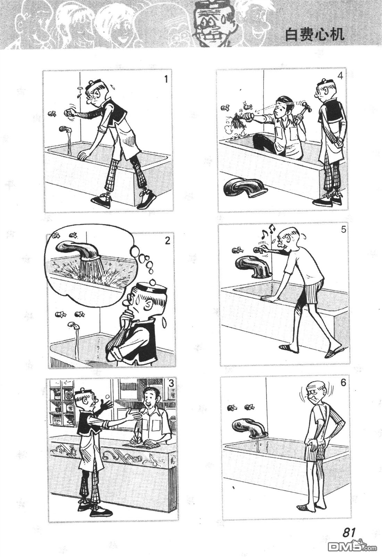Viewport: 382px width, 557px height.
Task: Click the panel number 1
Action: pyautogui.click(x=166, y=79)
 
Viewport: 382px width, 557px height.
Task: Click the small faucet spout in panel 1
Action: pyautogui.click(x=65, y=129)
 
